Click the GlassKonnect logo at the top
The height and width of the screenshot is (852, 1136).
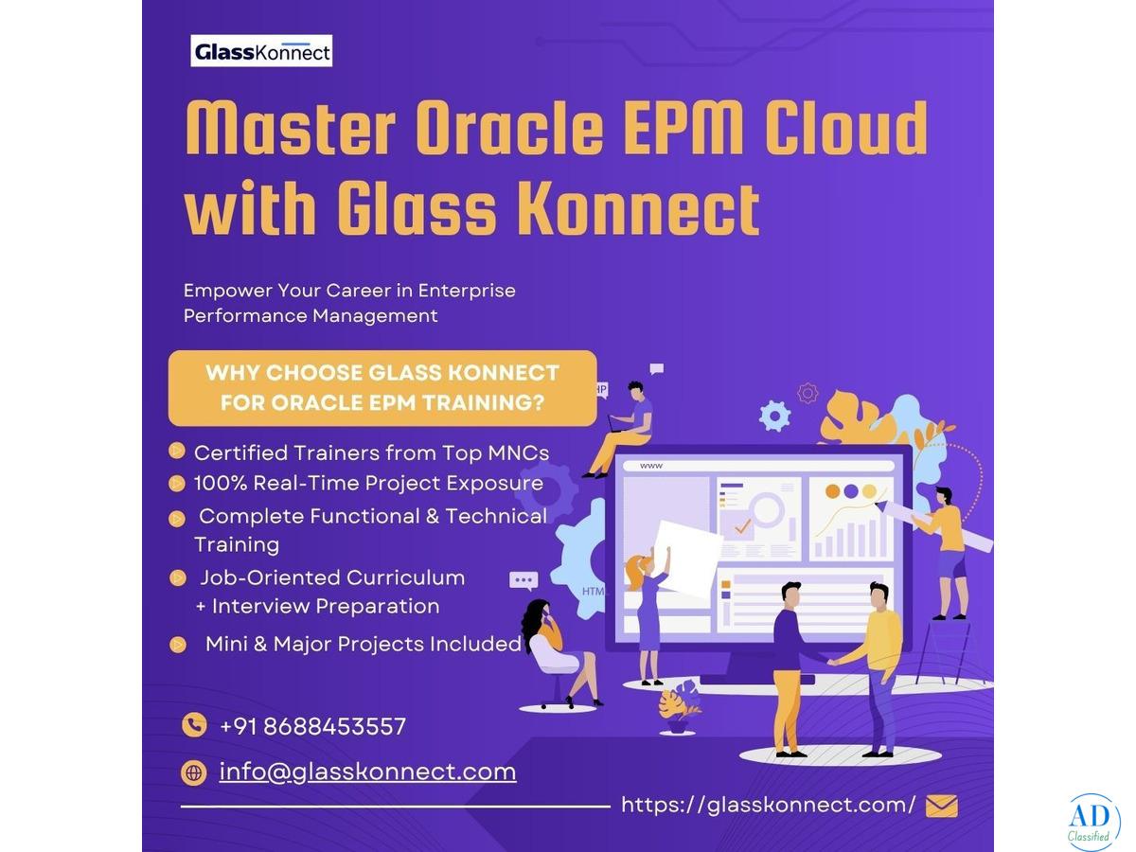261,51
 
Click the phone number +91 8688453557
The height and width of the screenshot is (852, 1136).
312,726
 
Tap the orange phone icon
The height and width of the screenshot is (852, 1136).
194,725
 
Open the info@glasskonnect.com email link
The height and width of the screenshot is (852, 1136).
367,772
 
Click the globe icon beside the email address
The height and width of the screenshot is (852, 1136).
193,772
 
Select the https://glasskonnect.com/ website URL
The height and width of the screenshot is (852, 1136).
768,805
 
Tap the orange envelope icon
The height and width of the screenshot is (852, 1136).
941,806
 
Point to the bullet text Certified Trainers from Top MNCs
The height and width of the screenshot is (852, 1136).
371,453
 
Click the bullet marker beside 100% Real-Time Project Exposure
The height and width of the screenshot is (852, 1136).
177,483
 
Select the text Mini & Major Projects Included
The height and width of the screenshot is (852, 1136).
364,644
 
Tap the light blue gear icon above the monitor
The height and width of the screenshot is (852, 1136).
774,416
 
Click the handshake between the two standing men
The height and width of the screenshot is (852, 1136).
832,661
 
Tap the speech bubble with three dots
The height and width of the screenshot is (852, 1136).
524,580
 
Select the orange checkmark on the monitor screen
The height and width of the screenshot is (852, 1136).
742,526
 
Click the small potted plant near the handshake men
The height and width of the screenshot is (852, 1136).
679,707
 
